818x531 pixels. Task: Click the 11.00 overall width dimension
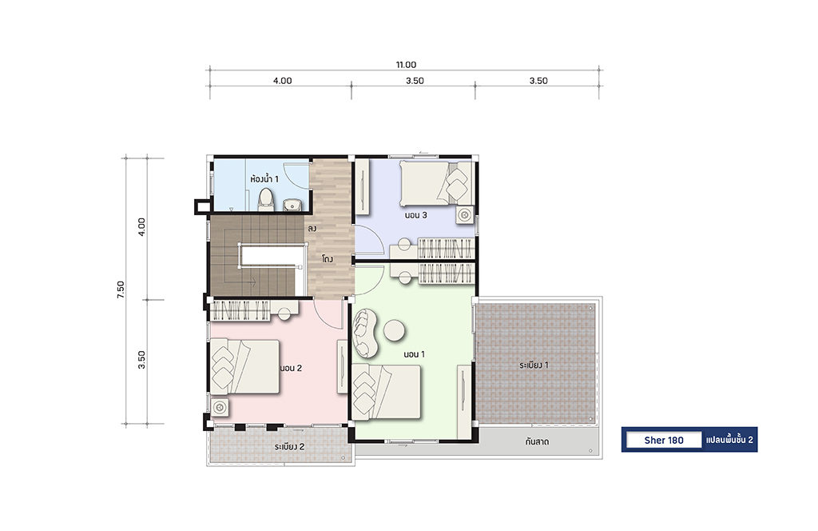406,65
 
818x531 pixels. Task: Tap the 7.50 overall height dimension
121,289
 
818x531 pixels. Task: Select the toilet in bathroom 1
265,200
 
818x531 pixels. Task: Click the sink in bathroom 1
292,205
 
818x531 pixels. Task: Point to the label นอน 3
415,214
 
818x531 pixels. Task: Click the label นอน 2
291,368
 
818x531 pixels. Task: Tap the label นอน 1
415,354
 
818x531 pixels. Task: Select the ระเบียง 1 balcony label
534,365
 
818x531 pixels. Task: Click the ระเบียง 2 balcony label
289,447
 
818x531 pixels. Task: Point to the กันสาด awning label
537,441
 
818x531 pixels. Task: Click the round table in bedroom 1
395,330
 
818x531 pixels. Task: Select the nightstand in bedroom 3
464,214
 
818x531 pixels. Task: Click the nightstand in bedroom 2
220,407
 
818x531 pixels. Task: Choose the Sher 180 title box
664,440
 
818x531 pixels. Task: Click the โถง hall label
328,259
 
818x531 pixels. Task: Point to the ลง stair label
312,229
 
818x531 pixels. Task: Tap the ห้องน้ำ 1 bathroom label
264,179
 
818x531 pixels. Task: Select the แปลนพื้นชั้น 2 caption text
729,440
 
